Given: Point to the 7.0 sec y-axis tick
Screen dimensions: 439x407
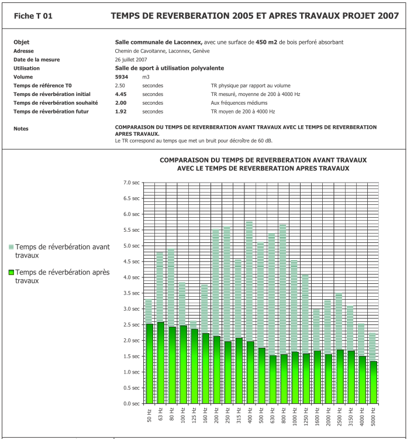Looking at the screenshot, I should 131,183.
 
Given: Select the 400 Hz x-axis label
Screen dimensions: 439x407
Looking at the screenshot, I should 250,416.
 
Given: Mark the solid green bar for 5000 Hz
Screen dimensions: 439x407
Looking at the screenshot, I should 373,382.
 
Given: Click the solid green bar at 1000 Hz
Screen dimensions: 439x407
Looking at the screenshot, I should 294,378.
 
